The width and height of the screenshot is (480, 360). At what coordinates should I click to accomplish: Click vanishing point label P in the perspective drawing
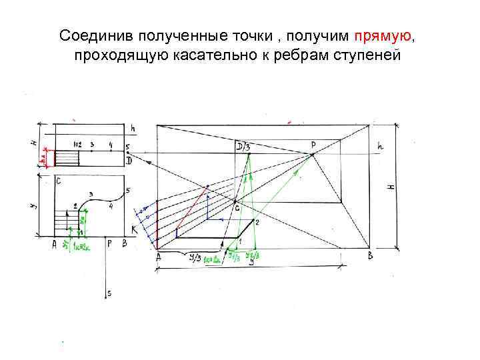313,144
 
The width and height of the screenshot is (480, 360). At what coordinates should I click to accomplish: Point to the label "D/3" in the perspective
243,146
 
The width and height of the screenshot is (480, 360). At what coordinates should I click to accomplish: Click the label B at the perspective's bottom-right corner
371,256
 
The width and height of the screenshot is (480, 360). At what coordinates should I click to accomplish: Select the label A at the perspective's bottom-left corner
158,257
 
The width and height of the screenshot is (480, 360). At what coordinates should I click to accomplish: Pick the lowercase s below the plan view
109,293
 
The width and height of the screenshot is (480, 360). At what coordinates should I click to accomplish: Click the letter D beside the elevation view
129,161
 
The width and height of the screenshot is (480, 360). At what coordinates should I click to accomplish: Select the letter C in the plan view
59,181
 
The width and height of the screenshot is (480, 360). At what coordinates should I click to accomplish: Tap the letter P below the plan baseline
110,244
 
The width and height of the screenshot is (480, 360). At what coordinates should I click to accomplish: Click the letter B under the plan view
124,244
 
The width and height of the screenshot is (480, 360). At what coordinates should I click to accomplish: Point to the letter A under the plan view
55,245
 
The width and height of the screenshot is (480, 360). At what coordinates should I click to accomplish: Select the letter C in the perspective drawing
236,209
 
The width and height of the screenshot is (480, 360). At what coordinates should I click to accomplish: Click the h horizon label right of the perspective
381,145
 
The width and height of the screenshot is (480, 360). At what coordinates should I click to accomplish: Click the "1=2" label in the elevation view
77,144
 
